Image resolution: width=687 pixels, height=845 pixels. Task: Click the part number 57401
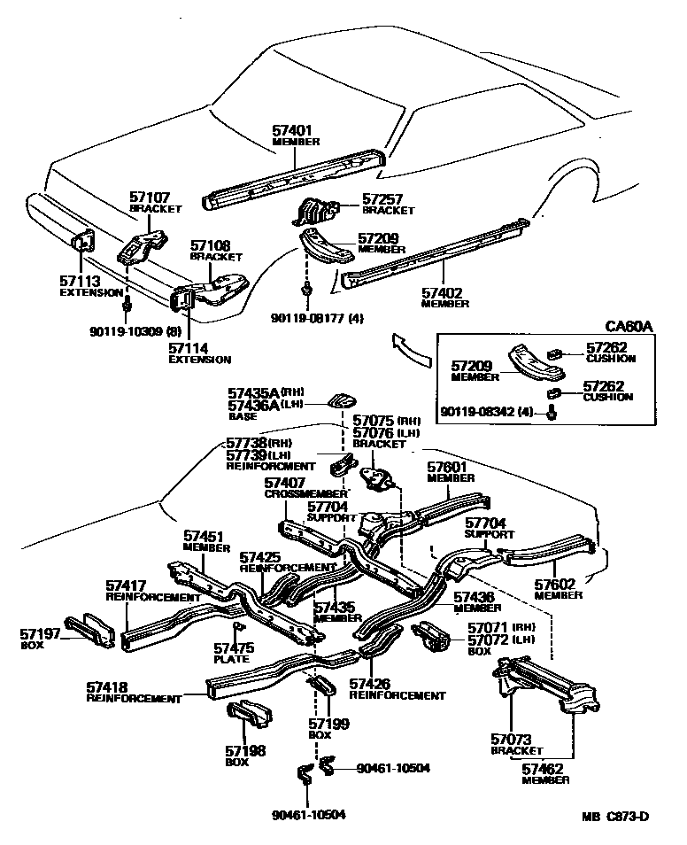point(292,129)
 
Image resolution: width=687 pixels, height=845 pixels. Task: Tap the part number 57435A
point(255,391)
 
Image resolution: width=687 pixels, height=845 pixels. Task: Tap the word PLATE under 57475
point(231,659)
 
